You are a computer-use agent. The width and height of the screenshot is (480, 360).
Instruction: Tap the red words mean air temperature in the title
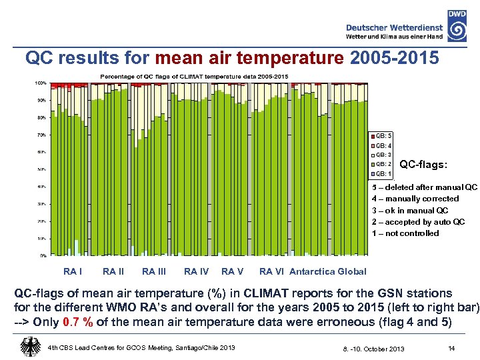(x=251, y=59)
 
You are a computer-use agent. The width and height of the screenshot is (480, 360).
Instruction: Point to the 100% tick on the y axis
(x=41, y=83)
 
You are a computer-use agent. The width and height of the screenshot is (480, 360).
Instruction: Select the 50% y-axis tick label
(x=41, y=169)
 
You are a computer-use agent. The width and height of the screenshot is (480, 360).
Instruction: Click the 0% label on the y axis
(x=43, y=255)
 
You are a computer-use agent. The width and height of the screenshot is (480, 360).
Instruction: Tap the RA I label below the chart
(x=72, y=271)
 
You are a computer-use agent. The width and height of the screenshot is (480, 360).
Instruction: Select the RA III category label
(x=155, y=271)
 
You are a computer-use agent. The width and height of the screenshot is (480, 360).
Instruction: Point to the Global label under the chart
(x=353, y=271)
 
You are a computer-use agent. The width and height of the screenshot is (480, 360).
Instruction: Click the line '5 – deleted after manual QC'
(x=424, y=187)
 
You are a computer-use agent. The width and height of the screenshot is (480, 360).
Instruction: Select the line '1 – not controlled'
(x=405, y=233)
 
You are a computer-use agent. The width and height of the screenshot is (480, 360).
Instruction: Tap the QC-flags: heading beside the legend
(x=423, y=164)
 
